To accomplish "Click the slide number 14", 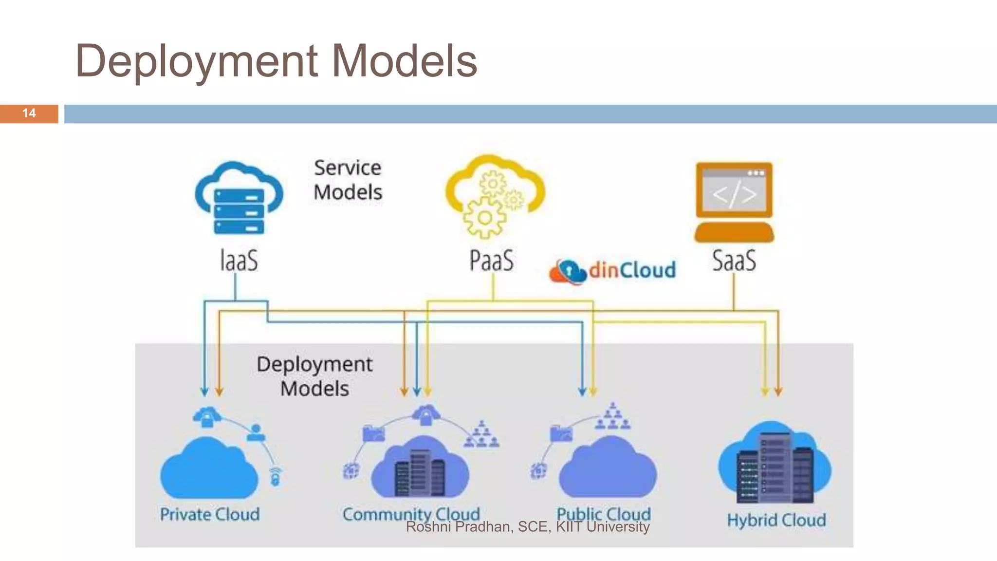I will coord(29,113).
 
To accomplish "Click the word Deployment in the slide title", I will coord(197,62).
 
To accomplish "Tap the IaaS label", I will coord(239,261).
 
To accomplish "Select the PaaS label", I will coord(491,261).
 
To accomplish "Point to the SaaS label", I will coord(734,261).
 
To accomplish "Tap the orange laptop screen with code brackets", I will coord(734,191).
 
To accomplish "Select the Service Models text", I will coord(348,180).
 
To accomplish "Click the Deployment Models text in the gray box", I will coord(314,376).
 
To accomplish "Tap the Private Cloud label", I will coord(210,514).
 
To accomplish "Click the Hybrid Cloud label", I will coord(776,520).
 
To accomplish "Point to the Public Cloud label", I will coord(604,513).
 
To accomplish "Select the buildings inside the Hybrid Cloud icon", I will coord(775,470).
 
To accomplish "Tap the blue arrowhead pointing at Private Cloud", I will coord(204,392).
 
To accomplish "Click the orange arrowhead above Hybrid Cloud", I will coord(778,392).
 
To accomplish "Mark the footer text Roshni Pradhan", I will coord(458,527).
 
